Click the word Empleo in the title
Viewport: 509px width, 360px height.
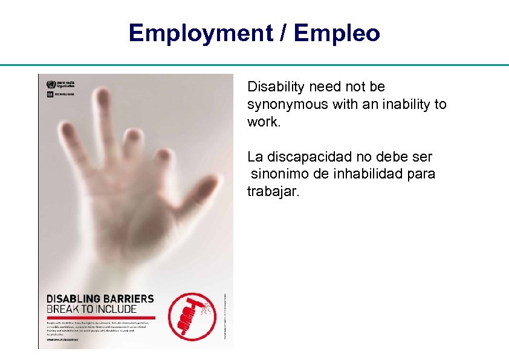click(x=337, y=33)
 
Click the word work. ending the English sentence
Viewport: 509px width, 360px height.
click(x=263, y=122)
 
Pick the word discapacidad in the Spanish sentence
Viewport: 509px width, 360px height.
click(x=306, y=157)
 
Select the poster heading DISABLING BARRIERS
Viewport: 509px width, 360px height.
click(x=100, y=299)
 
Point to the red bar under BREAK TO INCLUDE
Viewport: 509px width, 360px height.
click(x=101, y=317)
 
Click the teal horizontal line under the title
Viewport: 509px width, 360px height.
click(x=254, y=65)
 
